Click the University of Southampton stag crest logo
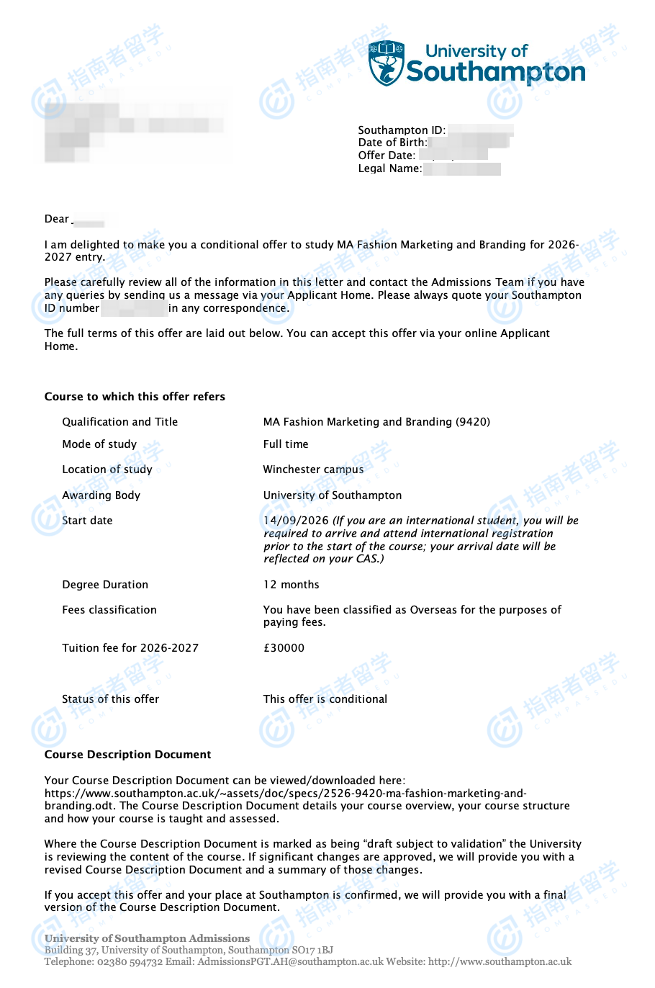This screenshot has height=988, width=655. [x=387, y=63]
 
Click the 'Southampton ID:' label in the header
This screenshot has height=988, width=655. [x=402, y=130]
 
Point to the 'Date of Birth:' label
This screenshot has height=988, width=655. [x=392, y=143]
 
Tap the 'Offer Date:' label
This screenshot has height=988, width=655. [x=387, y=156]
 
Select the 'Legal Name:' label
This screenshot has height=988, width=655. [x=389, y=169]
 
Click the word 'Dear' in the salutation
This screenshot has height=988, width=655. [x=57, y=219]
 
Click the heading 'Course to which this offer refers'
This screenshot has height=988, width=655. [x=135, y=397]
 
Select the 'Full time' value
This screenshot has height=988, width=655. [x=286, y=444]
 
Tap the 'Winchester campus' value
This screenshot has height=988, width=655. [x=313, y=470]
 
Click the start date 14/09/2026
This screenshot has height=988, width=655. [x=296, y=521]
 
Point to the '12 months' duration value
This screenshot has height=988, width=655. [x=291, y=585]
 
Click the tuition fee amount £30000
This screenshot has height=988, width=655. [x=284, y=648]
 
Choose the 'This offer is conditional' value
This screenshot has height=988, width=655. [x=325, y=699]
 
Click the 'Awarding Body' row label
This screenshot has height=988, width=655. [x=101, y=495]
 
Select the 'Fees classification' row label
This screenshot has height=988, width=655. [x=109, y=610]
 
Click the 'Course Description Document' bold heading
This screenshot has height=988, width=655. [x=127, y=755]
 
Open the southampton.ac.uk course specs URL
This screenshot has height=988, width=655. [x=285, y=794]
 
